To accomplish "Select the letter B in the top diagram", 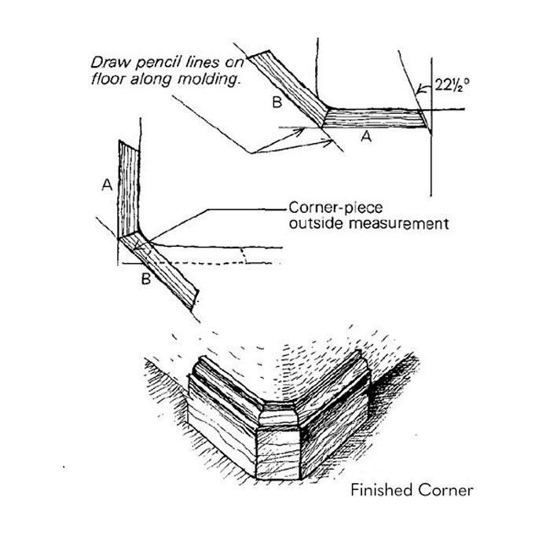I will [276, 102].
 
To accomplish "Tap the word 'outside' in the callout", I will [313, 223].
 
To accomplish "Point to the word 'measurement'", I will [397, 223].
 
